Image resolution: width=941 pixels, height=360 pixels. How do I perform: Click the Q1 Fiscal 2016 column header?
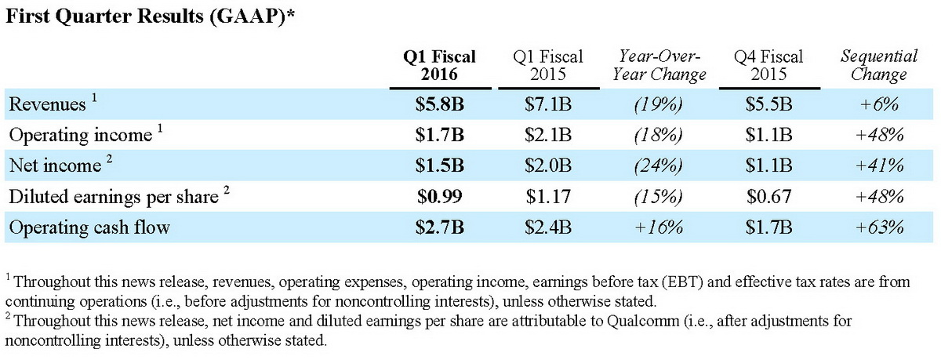[439, 65]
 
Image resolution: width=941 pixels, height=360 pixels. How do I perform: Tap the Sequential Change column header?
[878, 65]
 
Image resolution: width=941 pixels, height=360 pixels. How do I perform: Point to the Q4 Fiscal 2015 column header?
[768, 65]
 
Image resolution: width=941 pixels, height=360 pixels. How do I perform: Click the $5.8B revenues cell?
[439, 104]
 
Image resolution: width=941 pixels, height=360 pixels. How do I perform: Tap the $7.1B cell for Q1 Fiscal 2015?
[549, 104]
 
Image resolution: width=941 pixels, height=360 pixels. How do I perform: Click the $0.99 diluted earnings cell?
[439, 197]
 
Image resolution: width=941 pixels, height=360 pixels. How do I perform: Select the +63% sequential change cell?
[878, 227]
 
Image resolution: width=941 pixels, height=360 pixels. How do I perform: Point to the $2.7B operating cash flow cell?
[439, 227]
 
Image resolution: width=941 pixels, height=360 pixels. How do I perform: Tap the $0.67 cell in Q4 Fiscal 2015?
[768, 197]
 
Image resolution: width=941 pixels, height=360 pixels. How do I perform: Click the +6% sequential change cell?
[878, 104]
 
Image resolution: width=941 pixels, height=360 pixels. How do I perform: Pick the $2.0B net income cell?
[549, 165]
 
